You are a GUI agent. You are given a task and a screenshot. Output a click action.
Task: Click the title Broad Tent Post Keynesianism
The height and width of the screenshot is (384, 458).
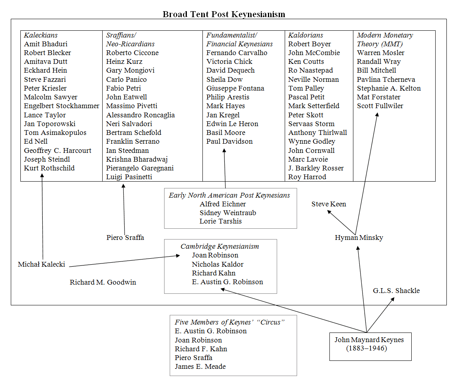point(224,14)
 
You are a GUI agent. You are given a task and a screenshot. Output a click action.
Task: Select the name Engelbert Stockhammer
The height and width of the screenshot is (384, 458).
point(61,106)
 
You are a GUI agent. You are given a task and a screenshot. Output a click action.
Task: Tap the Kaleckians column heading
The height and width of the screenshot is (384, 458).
point(41,35)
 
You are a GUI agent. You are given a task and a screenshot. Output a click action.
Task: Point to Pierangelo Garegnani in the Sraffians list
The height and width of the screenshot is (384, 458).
point(140,168)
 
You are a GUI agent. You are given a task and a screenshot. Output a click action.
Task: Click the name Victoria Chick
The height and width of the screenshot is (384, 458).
point(229,61)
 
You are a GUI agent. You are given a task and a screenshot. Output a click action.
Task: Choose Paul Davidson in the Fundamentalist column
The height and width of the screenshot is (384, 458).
point(229,141)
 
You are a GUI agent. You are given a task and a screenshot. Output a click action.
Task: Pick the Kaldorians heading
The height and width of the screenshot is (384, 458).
point(305,35)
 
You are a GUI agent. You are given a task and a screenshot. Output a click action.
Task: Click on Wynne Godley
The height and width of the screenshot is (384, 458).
point(311,141)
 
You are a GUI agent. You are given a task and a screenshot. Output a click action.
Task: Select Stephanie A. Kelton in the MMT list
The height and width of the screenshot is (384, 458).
point(389,88)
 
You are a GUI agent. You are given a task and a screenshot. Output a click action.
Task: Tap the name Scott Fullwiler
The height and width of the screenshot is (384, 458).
point(380,106)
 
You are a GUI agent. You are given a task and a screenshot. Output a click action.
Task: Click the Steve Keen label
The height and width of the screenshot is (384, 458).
point(329,204)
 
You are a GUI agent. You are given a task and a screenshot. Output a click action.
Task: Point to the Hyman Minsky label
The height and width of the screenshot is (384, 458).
point(359,238)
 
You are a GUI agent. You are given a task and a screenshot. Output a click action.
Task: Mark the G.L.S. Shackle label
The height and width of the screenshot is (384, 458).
point(396,291)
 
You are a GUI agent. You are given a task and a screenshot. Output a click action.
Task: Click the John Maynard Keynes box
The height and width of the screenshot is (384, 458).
point(370,344)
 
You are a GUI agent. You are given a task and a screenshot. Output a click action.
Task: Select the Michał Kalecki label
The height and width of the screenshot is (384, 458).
point(42,264)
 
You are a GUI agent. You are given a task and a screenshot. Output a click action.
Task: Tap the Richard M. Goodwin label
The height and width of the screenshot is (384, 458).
point(103,282)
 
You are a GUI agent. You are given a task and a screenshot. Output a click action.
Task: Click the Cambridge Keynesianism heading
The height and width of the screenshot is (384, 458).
point(220,246)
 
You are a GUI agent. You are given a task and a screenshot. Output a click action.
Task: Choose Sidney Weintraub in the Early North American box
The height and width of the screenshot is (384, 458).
point(228,213)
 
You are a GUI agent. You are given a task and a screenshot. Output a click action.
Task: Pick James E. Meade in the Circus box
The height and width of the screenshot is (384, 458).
point(200,366)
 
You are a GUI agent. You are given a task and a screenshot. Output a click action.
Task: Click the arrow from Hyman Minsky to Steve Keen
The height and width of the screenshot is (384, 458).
point(341,222)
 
